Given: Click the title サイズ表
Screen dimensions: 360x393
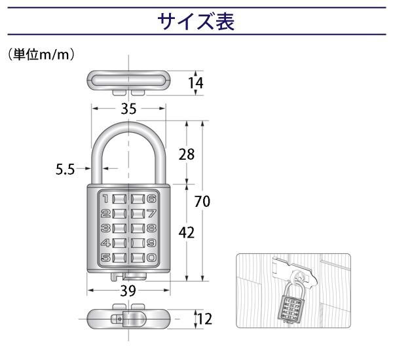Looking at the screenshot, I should click(x=195, y=22).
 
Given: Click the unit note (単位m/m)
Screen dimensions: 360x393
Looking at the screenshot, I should click(x=41, y=55).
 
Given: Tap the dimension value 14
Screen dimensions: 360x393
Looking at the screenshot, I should click(x=195, y=83).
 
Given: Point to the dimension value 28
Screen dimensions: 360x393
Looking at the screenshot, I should click(x=187, y=154).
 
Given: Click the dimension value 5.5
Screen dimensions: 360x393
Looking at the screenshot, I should click(x=64, y=169).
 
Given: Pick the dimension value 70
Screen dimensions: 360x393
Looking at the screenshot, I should click(x=202, y=202).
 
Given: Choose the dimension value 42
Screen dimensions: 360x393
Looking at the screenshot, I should click(x=187, y=232).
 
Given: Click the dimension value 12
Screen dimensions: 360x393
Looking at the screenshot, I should click(x=204, y=320).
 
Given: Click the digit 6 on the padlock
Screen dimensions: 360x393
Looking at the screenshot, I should click(x=151, y=198).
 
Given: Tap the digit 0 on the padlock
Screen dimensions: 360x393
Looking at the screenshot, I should click(x=151, y=258).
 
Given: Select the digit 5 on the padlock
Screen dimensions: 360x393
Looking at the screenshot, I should click(x=105, y=258).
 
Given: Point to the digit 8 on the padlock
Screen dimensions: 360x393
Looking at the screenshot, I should click(x=151, y=228).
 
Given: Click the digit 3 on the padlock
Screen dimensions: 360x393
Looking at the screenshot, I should click(x=105, y=228).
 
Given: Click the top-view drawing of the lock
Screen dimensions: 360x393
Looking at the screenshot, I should click(x=128, y=81).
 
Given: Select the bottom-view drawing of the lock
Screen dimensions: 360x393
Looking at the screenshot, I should click(x=128, y=320).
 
